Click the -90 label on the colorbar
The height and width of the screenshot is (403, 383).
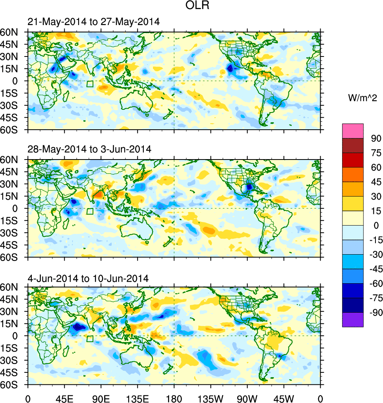pyautogui.click(x=375, y=312)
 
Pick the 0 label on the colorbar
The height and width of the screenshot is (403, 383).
pyautogui.click(x=373, y=226)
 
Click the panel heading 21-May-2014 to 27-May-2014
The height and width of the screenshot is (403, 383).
pyautogui.click(x=94, y=22)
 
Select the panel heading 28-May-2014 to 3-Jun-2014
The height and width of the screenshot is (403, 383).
pyautogui.click(x=89, y=150)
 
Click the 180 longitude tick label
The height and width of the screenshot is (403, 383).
pyautogui.click(x=174, y=398)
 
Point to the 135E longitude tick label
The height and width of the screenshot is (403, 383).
pyautogui.click(x=137, y=398)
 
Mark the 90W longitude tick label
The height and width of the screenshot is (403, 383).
pyautogui.click(x=247, y=398)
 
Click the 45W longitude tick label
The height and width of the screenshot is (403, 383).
pyautogui.click(x=284, y=398)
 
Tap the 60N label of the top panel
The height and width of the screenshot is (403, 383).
pyautogui.click(x=12, y=32)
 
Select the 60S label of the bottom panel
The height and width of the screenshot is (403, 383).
pyautogui.click(x=12, y=385)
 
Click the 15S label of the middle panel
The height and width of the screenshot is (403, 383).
pyautogui.click(x=12, y=220)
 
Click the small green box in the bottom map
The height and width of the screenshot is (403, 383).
pyautogui.click(x=90, y=339)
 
